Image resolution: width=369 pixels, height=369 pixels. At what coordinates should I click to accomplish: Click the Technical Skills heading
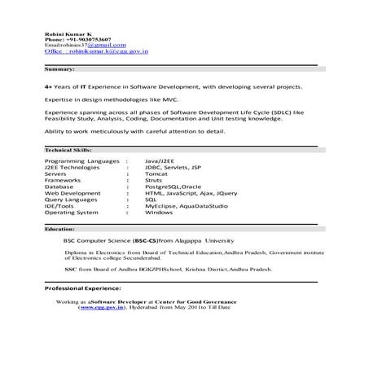pyautogui.click(x=68, y=152)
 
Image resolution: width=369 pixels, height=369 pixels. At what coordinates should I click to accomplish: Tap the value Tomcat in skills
pyautogui.click(x=156, y=174)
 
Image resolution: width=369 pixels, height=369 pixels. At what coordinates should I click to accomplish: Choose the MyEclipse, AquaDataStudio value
pyautogui.click(x=184, y=205)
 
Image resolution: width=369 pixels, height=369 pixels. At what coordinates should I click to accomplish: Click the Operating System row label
pyautogui.click(x=73, y=211)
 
